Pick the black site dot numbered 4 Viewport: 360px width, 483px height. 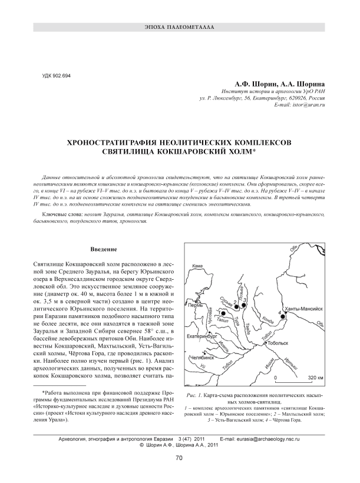pyautogui.click(x=282, y=317)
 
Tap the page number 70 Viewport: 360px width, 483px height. pyautogui.click(x=180, y=459)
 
